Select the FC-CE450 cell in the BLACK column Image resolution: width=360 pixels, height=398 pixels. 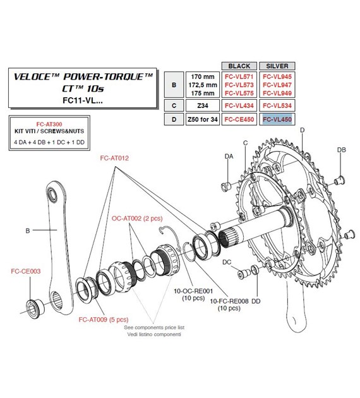(x=239, y=119)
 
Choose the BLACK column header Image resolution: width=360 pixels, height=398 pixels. (x=239, y=66)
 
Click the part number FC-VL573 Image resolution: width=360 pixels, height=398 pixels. (x=239, y=83)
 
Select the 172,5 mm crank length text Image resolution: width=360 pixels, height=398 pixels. (x=203, y=83)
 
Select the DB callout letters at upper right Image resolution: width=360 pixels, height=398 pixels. (x=341, y=150)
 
